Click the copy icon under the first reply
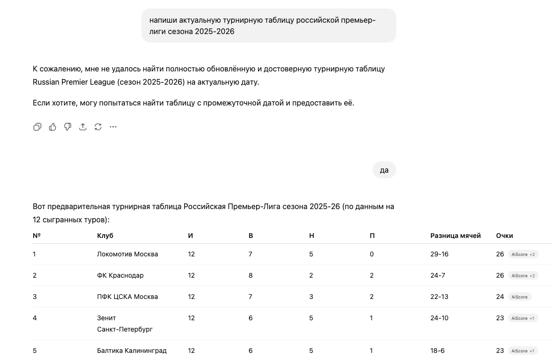[37, 127]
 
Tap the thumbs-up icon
[53, 127]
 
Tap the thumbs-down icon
[68, 127]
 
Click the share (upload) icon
[83, 127]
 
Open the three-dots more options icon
[113, 127]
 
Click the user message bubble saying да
[384, 170]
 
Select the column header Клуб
[105, 236]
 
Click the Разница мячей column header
[455, 236]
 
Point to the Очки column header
[504, 236]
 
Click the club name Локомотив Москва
[127, 254]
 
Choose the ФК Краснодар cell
[120, 275]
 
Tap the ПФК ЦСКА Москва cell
[127, 297]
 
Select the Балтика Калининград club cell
[132, 351]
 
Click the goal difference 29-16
[439, 254]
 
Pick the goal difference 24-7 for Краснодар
[437, 275]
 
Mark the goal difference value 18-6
[437, 351]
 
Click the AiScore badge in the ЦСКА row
[519, 297]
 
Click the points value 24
[500, 297]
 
